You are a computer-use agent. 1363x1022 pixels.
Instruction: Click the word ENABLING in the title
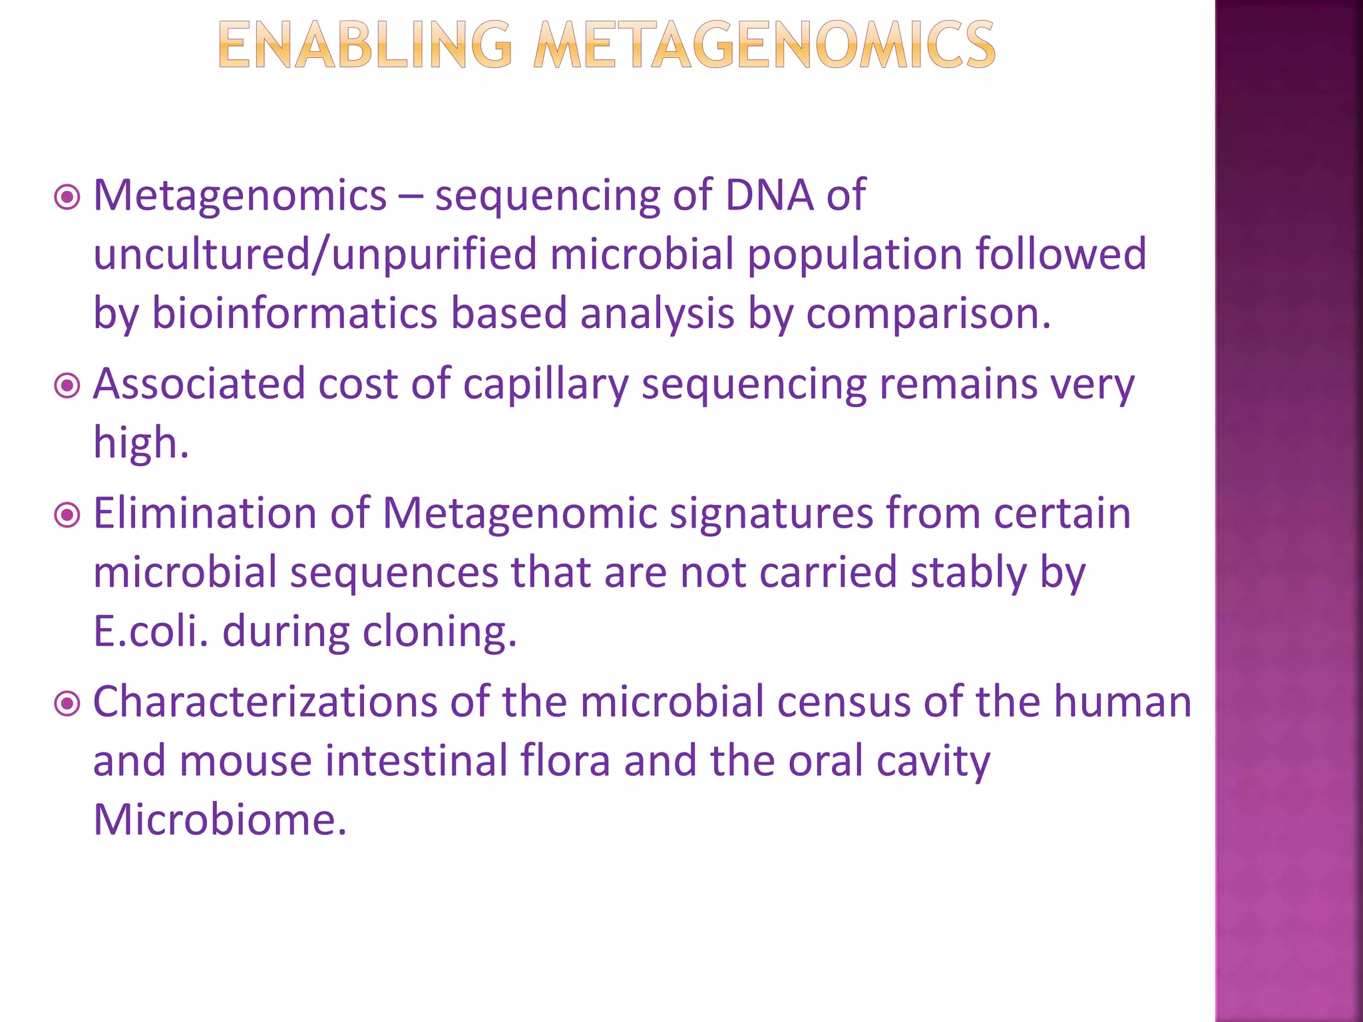coord(365,45)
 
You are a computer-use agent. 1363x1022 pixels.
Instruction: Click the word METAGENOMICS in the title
coord(764,45)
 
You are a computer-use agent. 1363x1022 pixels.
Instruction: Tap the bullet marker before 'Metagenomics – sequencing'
coord(67,197)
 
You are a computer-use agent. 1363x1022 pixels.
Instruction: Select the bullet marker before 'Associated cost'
coord(67,385)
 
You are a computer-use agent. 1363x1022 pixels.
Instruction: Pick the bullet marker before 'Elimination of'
coord(67,514)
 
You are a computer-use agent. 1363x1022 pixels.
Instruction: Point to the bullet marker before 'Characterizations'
coord(67,703)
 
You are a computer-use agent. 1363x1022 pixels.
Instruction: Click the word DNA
coord(769,195)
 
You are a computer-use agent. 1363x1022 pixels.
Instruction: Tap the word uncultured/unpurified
coord(314,254)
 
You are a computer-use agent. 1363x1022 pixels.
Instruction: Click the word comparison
coord(928,314)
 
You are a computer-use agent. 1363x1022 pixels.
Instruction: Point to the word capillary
coord(545,385)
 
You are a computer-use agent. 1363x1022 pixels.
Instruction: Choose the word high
coord(140,442)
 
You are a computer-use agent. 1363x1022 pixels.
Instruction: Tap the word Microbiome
coord(220,819)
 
